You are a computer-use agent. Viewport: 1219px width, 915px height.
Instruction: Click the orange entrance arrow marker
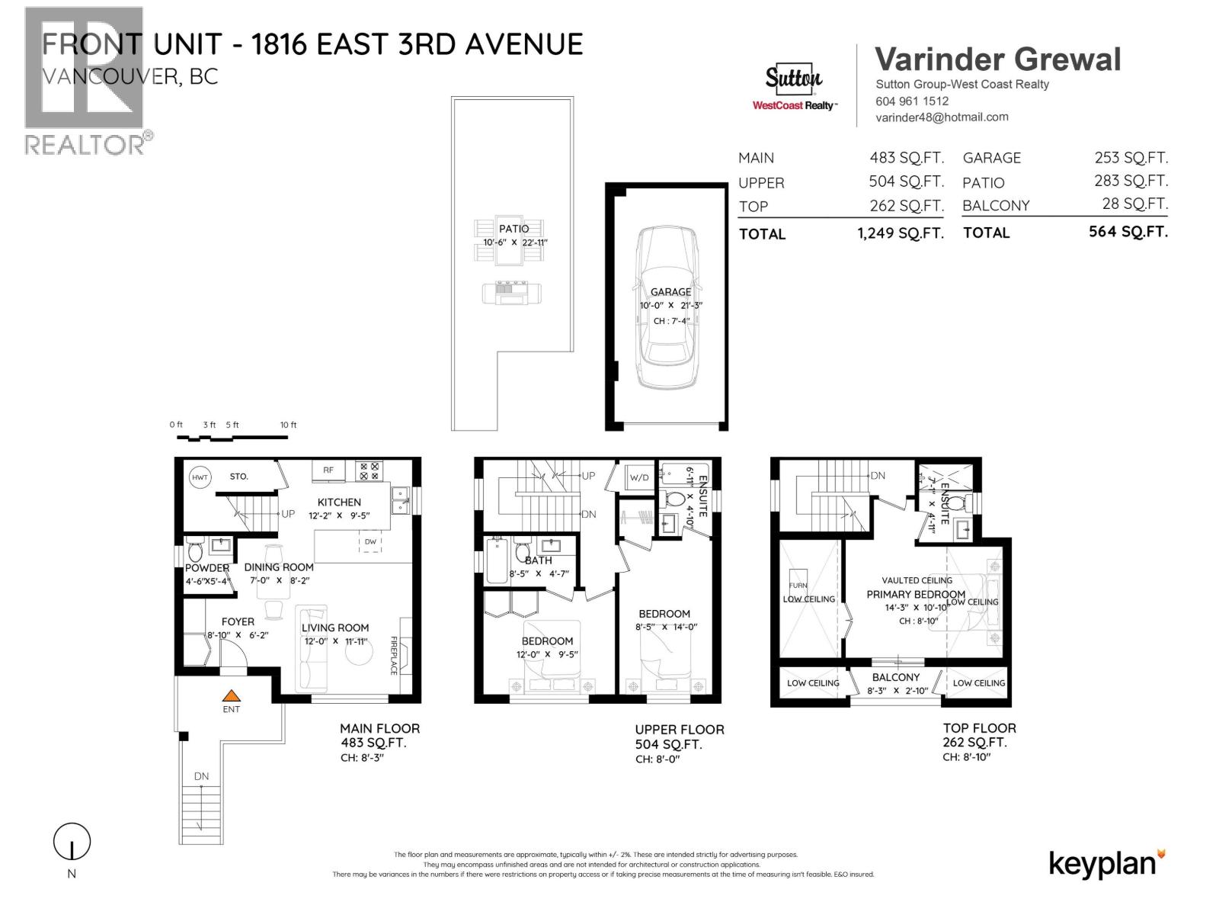[231, 695]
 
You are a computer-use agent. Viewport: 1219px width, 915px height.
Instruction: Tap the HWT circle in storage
[200, 477]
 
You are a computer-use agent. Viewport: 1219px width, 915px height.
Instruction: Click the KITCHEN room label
[339, 502]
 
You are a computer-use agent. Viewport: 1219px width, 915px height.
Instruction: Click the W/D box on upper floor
[638, 478]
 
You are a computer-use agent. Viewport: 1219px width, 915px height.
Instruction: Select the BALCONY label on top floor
[895, 677]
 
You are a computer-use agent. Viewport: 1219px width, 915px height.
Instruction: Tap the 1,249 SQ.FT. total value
[900, 233]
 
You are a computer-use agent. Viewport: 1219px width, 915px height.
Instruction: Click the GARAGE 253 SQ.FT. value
[1131, 158]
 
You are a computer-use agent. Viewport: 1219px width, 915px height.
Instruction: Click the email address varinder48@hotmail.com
[942, 117]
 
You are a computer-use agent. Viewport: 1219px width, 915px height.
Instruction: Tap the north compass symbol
[72, 843]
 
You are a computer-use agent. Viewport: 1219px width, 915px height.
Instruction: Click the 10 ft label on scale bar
[288, 425]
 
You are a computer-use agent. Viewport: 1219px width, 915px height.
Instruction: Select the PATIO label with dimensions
[514, 235]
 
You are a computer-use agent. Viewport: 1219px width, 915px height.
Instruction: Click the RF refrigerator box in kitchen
[328, 470]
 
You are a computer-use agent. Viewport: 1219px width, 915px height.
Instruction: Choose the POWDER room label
[206, 568]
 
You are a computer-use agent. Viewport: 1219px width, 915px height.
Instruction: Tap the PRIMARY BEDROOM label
[915, 594]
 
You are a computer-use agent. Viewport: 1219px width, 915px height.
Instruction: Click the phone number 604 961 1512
[912, 101]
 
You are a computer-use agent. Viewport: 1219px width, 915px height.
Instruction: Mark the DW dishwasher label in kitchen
[370, 541]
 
